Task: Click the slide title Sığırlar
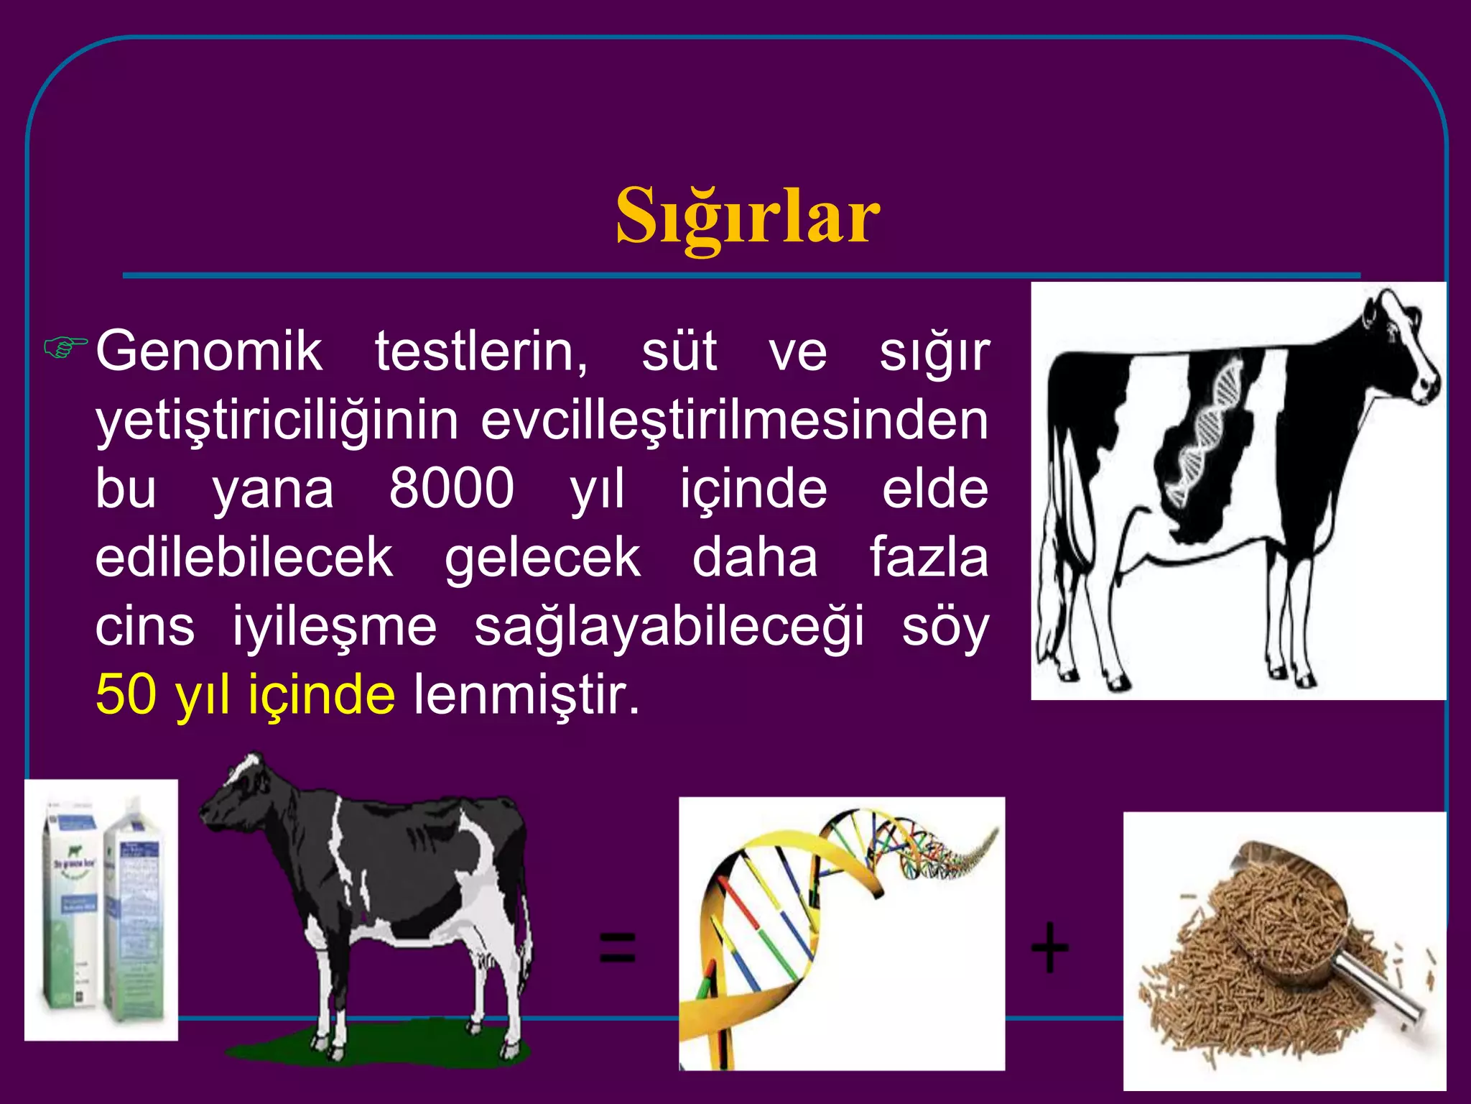(x=747, y=216)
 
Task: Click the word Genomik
(x=209, y=351)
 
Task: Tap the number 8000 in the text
(x=451, y=489)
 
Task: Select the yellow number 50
(x=126, y=695)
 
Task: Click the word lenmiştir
(x=526, y=695)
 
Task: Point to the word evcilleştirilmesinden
(x=734, y=420)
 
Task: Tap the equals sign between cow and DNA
(x=617, y=947)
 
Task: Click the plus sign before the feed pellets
(x=1049, y=947)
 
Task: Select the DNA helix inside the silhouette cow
(x=1207, y=431)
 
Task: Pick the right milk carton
(x=136, y=913)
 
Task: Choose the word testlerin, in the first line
(x=481, y=351)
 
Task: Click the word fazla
(x=928, y=558)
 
